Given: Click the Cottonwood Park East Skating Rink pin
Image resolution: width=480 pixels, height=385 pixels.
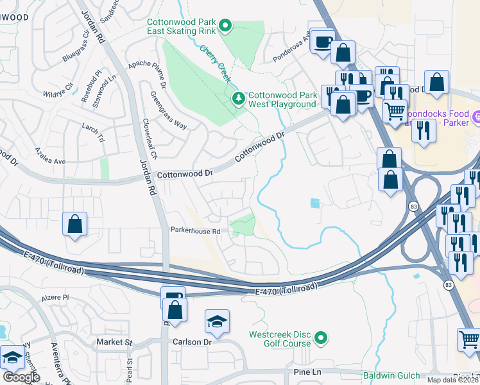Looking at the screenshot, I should [x=225, y=26].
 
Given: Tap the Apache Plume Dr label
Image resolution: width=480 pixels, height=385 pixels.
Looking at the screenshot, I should [x=147, y=75].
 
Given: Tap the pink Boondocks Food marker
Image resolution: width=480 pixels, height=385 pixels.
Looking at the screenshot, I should [x=476, y=117].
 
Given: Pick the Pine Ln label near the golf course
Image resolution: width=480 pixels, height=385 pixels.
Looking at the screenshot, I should [x=307, y=372].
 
